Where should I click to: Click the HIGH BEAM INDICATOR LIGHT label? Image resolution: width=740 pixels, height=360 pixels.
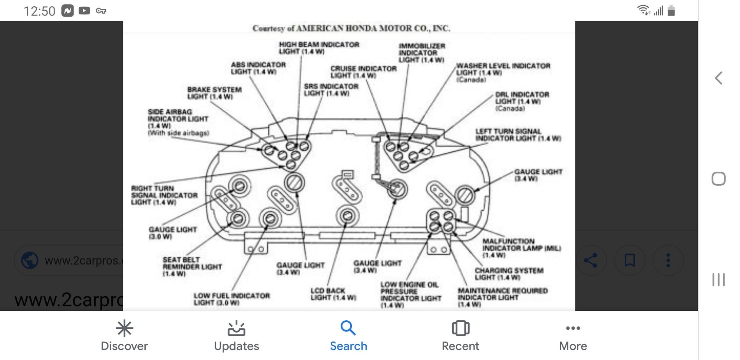click(x=319, y=48)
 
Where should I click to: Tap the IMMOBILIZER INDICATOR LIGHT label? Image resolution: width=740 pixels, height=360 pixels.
click(x=422, y=53)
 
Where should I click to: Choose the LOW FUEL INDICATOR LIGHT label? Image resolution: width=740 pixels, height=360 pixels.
click(x=231, y=299)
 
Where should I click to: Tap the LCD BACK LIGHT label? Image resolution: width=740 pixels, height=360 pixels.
click(x=333, y=294)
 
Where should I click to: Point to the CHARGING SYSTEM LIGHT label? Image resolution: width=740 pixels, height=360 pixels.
click(x=509, y=274)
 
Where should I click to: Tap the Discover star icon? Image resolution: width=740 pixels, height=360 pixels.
click(x=124, y=328)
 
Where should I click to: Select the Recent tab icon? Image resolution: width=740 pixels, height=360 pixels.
click(x=460, y=328)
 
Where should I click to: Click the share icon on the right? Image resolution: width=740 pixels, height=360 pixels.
click(x=591, y=260)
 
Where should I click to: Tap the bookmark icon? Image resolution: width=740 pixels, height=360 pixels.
click(x=630, y=260)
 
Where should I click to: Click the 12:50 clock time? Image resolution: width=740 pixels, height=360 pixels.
click(x=39, y=11)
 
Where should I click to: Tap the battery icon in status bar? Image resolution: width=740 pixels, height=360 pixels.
click(x=671, y=11)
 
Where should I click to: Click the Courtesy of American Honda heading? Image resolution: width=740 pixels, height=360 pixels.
click(x=351, y=28)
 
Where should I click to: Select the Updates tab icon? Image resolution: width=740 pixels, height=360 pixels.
click(x=236, y=328)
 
